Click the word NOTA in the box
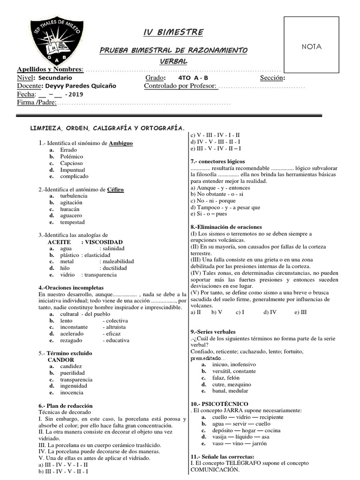click(x=311, y=46)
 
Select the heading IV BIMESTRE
click(x=173, y=32)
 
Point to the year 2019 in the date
click(x=75, y=94)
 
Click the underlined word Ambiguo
click(x=120, y=143)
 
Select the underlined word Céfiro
click(x=115, y=189)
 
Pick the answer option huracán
click(x=70, y=209)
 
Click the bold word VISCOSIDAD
click(x=104, y=242)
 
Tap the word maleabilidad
click(x=118, y=262)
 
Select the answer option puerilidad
click(x=73, y=373)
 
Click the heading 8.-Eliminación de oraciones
click(x=226, y=227)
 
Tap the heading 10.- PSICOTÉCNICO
click(x=219, y=404)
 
